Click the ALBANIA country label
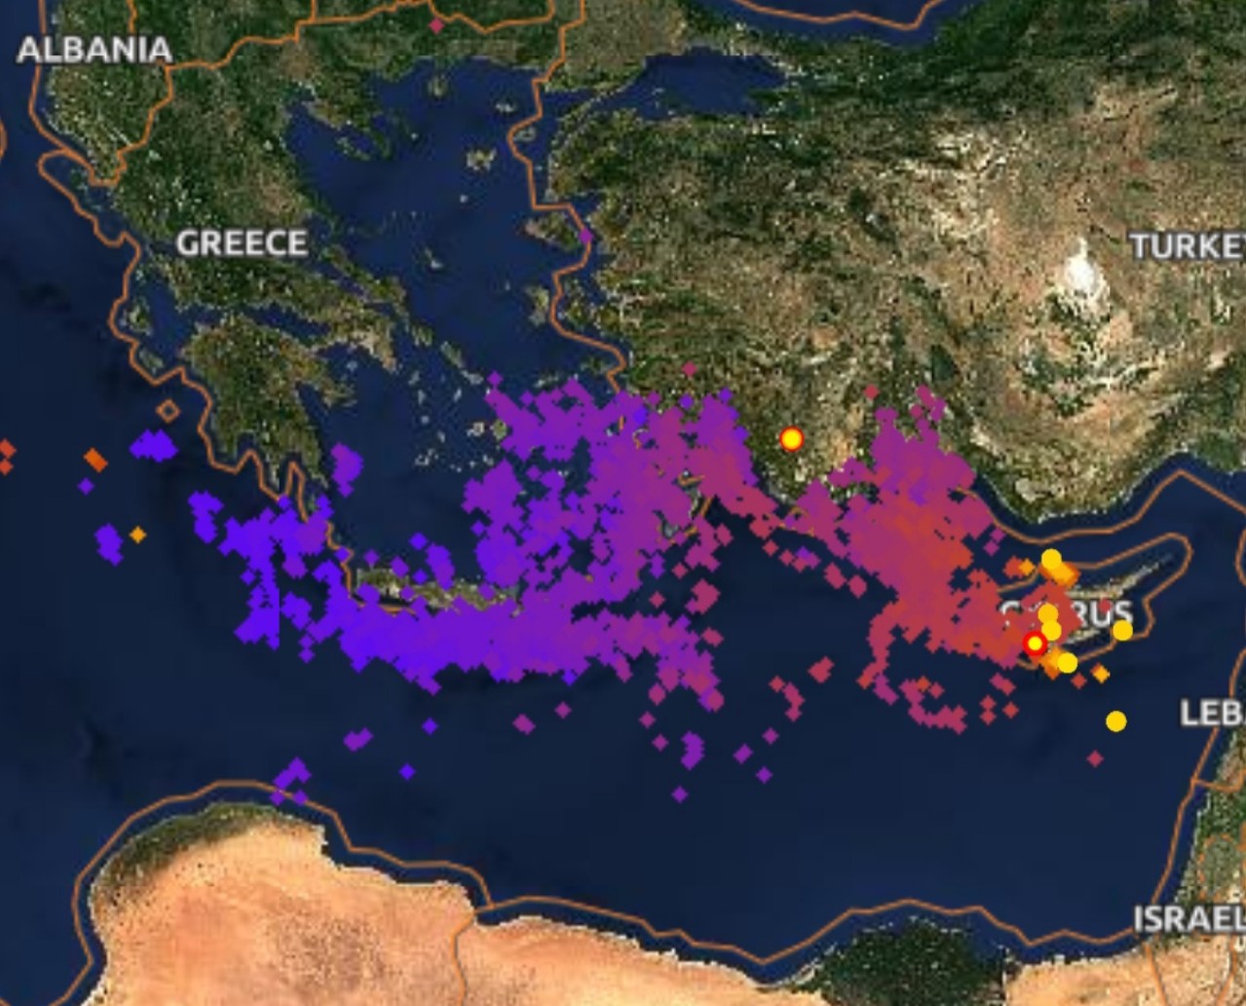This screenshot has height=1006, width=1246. (94, 50)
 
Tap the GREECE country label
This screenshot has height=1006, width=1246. (242, 242)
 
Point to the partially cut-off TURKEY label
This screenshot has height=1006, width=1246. (1188, 245)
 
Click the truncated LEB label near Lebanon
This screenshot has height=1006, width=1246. (1212, 712)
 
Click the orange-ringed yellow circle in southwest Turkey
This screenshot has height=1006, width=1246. (791, 439)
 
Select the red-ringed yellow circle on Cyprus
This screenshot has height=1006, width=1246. (1035, 644)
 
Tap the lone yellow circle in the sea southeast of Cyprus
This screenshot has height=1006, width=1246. (1116, 722)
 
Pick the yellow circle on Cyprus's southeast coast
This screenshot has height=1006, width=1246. (1122, 630)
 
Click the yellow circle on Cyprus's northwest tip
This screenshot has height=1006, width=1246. (1051, 559)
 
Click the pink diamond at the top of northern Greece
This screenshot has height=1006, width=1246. (436, 26)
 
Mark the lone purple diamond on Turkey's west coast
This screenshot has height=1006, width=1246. (585, 236)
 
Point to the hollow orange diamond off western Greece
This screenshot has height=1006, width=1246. (168, 411)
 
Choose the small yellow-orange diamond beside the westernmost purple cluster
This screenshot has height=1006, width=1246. (137, 534)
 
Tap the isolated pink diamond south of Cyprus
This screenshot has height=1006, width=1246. (1095, 758)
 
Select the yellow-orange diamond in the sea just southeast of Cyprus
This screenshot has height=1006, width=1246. (1100, 673)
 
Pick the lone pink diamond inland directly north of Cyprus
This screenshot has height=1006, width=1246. (871, 392)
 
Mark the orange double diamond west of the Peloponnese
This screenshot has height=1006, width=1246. (94, 459)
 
